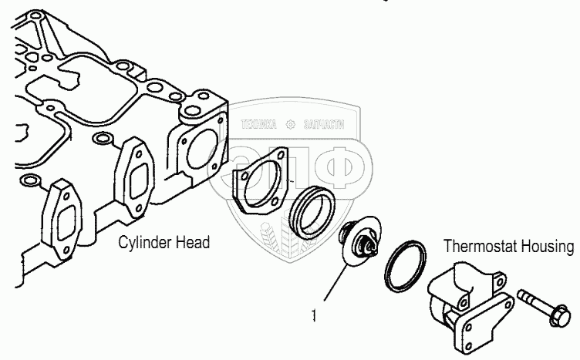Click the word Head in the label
pos(191,243)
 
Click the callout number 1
pos(314,315)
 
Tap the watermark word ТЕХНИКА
pos(259,123)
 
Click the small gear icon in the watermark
pos(290,123)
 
